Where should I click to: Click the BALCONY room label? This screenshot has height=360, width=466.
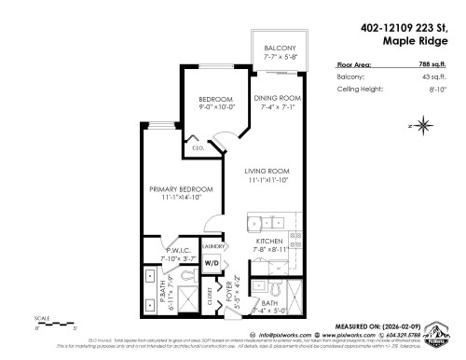point(281,48)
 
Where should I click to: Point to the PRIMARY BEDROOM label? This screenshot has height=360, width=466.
point(181,189)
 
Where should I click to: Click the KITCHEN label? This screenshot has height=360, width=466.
point(269,242)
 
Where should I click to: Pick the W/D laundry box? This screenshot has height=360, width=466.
point(211,264)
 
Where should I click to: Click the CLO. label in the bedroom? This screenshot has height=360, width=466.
point(198,147)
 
